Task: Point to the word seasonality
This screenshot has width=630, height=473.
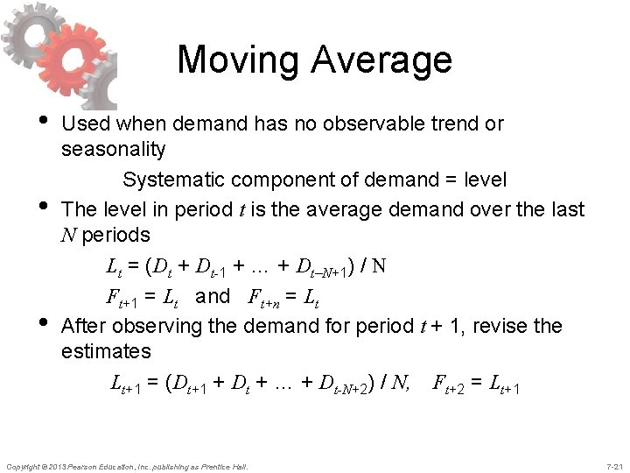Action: (114, 149)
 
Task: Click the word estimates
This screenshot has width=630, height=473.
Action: (107, 351)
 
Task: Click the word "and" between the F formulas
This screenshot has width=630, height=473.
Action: (213, 296)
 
